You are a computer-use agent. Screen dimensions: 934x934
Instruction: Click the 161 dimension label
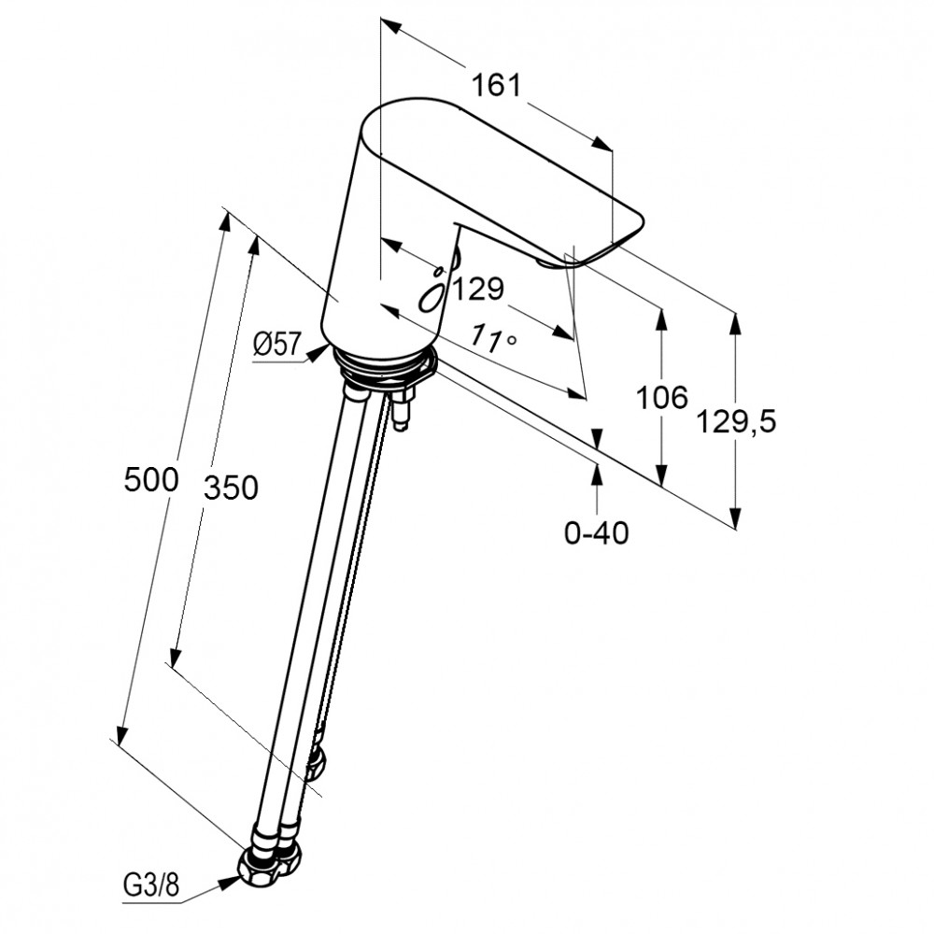(496, 85)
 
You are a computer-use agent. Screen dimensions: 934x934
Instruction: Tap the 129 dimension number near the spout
(478, 289)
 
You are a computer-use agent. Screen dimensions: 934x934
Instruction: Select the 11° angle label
(492, 339)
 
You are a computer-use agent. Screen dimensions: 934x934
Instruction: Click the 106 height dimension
(662, 397)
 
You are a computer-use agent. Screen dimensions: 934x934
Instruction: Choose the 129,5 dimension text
(736, 422)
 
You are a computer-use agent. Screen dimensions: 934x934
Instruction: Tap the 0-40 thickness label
(596, 532)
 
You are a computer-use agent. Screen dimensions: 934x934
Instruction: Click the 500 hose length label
(151, 479)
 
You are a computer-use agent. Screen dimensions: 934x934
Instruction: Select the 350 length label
(231, 488)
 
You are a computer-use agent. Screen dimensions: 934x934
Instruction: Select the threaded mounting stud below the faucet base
(403, 407)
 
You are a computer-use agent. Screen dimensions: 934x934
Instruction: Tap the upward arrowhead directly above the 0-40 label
(597, 475)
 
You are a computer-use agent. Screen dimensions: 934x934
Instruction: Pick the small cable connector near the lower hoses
(316, 758)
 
